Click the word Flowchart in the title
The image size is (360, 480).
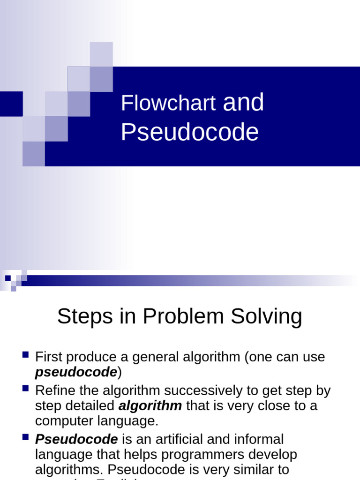[x=168, y=103]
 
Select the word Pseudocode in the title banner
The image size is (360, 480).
[x=189, y=132]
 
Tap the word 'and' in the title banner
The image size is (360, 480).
[x=243, y=102]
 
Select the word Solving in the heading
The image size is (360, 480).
[x=271, y=317]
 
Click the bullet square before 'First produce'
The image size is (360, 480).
[x=26, y=354]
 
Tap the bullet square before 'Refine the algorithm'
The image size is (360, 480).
[x=26, y=388]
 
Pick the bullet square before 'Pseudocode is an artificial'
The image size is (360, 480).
[x=26, y=437]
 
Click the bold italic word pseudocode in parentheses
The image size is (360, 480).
[x=76, y=372]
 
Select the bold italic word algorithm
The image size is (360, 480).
[x=150, y=405]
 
